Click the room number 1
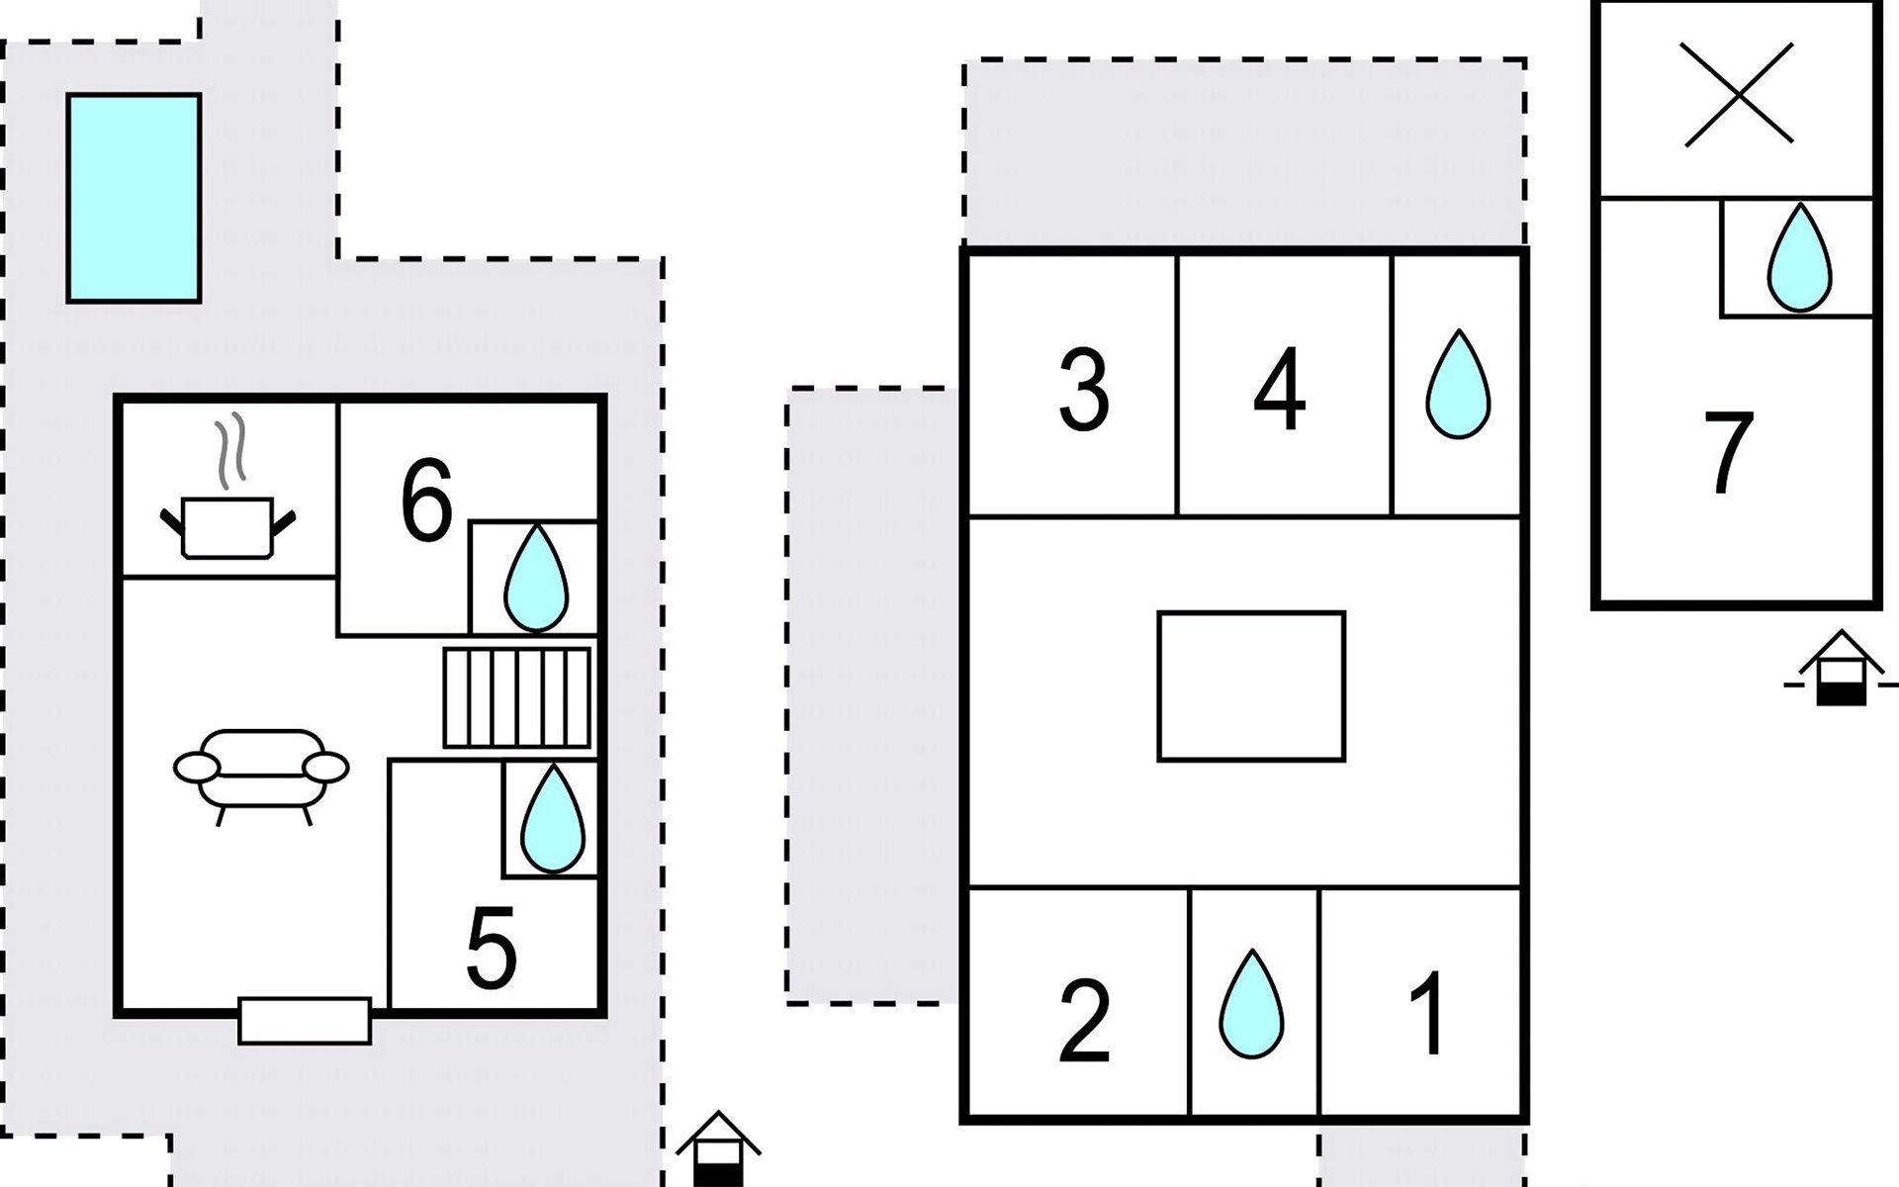pyautogui.click(x=1428, y=1013)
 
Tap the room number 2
pyautogui.click(x=1084, y=1021)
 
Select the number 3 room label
pyautogui.click(x=1084, y=390)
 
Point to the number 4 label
pyautogui.click(x=1279, y=390)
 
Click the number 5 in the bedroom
pyautogui.click(x=492, y=948)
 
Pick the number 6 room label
pyautogui.click(x=426, y=501)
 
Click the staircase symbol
pyautogui.click(x=516, y=697)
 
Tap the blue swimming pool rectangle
pyautogui.click(x=134, y=198)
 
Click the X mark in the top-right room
pyautogui.click(x=1738, y=94)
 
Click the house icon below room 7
pyautogui.click(x=1841, y=670)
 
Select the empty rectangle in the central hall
pyautogui.click(x=1251, y=686)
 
